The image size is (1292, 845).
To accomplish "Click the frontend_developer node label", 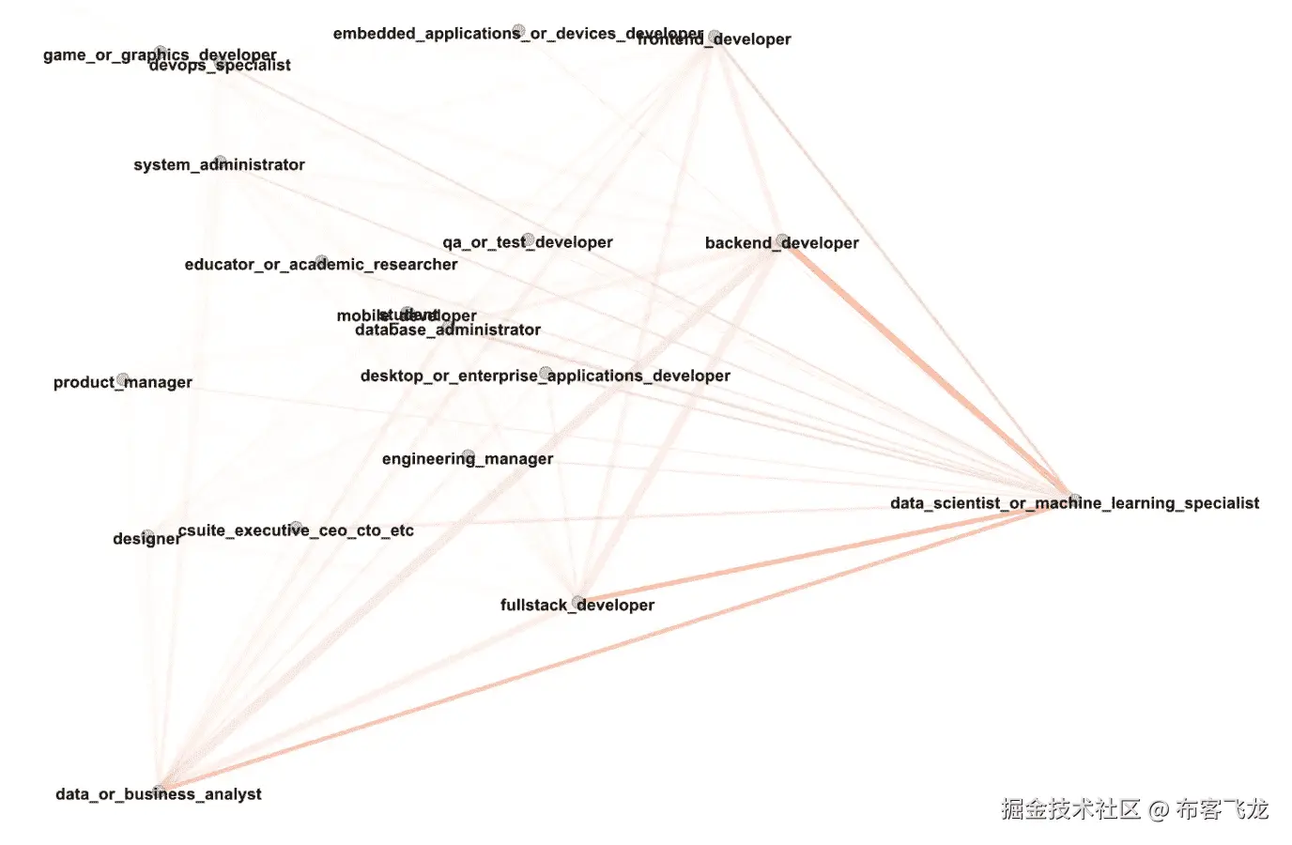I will [751, 39].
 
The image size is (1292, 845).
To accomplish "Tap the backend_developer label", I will [781, 243].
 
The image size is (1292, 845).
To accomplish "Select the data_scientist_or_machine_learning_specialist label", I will [1074, 503].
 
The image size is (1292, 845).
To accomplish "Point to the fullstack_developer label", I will [577, 606].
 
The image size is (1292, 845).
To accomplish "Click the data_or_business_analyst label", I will [158, 794].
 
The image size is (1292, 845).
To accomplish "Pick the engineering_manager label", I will [467, 459].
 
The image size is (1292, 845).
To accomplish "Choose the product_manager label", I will [122, 382].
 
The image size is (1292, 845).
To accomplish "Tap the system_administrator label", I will [219, 165].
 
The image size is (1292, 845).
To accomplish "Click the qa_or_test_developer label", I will [527, 242].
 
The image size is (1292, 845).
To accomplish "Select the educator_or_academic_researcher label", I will [320, 265].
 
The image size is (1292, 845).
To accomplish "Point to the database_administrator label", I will [447, 330].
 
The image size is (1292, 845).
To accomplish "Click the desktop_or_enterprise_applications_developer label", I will [545, 376].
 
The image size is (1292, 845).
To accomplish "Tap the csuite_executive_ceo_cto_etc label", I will [295, 530].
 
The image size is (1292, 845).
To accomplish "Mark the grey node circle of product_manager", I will [122, 379].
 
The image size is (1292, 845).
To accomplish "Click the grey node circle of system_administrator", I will [220, 161].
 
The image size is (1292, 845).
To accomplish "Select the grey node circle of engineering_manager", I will [468, 455].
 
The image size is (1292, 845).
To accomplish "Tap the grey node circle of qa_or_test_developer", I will [529, 239].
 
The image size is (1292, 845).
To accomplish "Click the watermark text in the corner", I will [1133, 809].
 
